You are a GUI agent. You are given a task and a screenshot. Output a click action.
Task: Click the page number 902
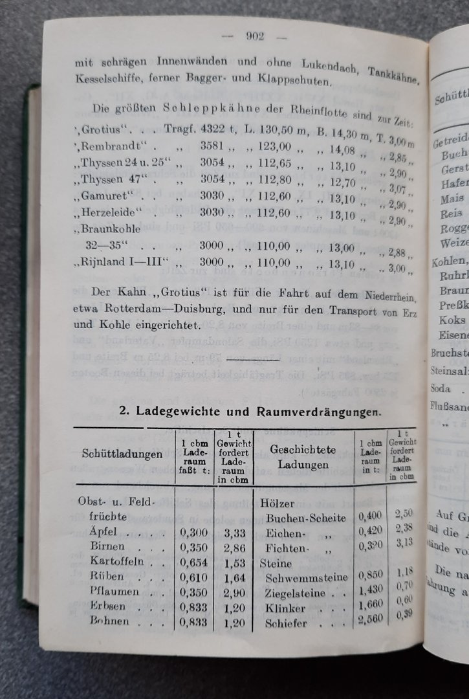tap(255, 37)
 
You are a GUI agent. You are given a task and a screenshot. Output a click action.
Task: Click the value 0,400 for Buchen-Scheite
tap(369, 518)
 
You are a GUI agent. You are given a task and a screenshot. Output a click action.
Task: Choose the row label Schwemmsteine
tap(307, 577)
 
